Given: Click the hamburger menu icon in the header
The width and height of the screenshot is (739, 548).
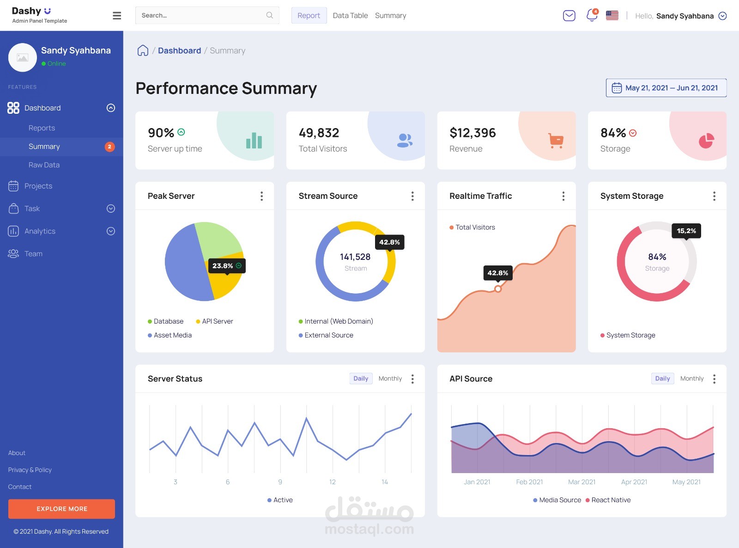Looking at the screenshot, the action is point(116,16).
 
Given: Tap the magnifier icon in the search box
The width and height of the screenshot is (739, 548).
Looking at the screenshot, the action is point(270,15).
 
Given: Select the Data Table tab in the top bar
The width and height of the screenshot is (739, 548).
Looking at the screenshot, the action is point(350,15).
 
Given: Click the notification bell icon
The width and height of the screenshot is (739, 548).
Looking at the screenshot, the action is point(592,15).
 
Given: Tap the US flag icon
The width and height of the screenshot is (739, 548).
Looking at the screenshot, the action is point(612,15).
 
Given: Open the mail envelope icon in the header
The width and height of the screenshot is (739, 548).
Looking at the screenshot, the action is point(569,15).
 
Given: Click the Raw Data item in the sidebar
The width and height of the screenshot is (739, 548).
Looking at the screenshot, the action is point(44,165).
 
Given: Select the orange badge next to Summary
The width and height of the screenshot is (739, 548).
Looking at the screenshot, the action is point(109,147).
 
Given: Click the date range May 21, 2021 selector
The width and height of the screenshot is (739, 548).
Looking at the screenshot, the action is point(666,88).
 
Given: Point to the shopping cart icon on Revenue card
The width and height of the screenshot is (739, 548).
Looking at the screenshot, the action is point(556,141).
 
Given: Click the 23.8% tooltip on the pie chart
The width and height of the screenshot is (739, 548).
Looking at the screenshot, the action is point(227,266).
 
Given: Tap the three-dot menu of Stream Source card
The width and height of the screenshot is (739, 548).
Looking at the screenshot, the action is point(412,196).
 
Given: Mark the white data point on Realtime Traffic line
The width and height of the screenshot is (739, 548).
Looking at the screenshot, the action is point(498,289).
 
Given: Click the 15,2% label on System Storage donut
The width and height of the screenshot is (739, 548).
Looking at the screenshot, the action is point(686,231).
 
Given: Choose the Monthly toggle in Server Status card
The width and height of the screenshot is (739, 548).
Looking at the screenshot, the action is point(390,378).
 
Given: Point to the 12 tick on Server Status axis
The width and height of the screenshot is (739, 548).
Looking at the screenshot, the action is point(332,482).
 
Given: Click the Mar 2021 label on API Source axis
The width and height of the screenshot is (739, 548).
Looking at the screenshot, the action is point(582,482).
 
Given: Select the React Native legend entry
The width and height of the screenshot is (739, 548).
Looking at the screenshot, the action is point(608,500).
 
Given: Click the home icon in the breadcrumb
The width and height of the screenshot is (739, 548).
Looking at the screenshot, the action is point(143,50).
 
